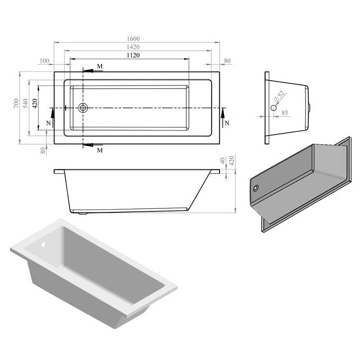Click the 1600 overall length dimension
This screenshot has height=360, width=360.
tap(133, 39)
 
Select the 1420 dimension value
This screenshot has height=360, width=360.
tap(133, 47)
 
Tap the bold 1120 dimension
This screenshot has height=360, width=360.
tap(133, 55)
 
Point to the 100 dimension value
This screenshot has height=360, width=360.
tap(45, 61)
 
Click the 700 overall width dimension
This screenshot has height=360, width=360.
tap(16, 103)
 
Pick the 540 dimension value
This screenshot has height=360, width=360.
tap(25, 103)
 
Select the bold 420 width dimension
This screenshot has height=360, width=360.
tap(35, 103)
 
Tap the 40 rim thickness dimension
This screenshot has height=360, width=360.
tap(222, 161)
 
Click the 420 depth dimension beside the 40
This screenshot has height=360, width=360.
tap(232, 161)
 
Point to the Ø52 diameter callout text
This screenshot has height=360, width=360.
tap(279, 96)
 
